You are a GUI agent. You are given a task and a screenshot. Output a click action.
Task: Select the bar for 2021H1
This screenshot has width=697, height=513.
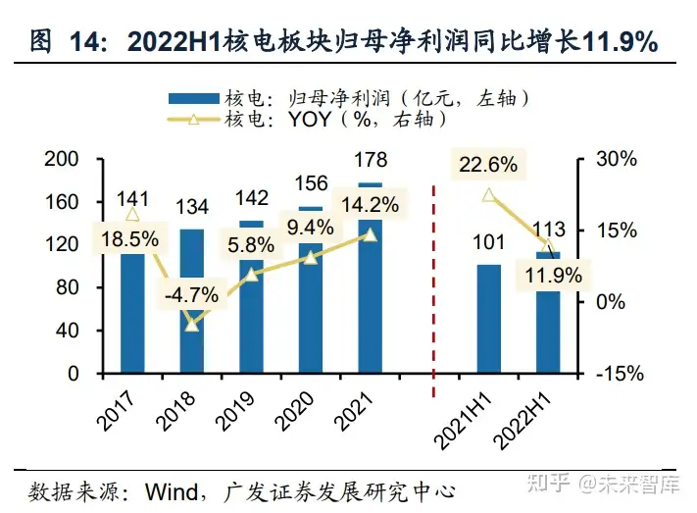coord(489,319)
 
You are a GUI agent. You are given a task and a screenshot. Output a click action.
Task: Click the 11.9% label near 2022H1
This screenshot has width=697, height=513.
coord(546,274)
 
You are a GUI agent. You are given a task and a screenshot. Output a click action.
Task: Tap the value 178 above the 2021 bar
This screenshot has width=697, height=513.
coord(371,160)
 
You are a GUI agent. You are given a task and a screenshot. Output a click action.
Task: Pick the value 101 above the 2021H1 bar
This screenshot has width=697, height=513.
coord(487,241)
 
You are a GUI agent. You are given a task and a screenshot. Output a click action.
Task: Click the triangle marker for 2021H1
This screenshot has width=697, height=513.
coord(488,195)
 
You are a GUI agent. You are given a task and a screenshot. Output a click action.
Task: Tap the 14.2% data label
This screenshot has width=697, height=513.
coord(370,205)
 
